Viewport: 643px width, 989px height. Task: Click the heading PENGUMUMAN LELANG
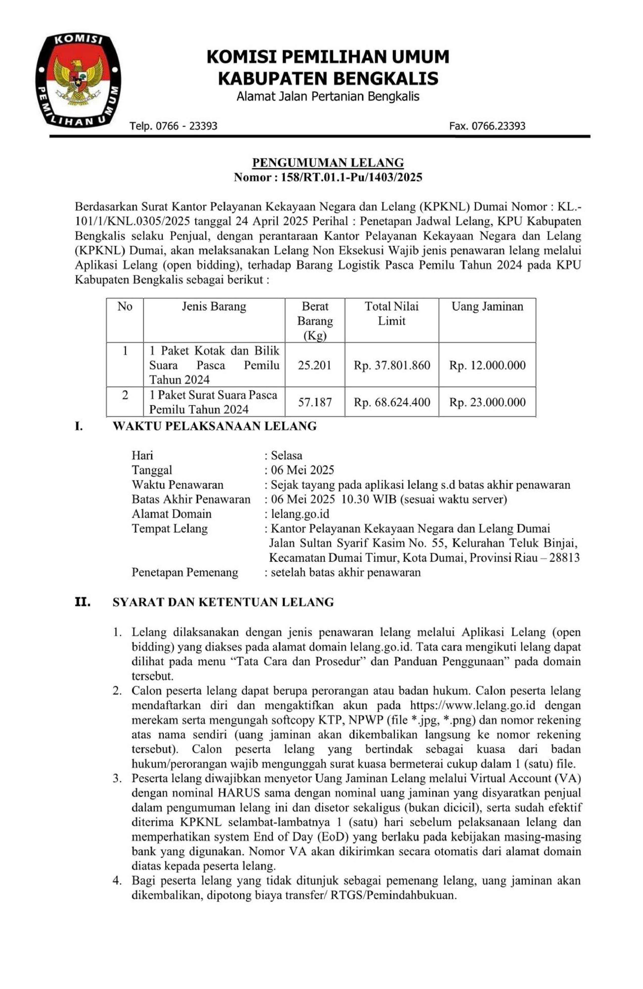(x=328, y=162)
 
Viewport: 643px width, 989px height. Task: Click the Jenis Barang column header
(x=214, y=307)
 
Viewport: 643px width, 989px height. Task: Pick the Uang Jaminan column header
(x=487, y=307)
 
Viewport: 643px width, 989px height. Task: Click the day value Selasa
(x=286, y=455)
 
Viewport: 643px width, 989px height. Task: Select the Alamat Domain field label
(x=172, y=514)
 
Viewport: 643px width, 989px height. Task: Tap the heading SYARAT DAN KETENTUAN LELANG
(x=223, y=602)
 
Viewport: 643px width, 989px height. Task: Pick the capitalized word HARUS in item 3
(x=239, y=793)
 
